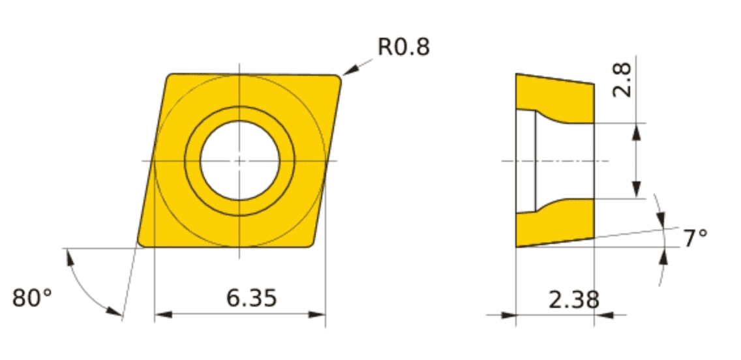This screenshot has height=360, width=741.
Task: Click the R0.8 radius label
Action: coord(404,47)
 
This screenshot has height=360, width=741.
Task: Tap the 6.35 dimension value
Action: coord(251,298)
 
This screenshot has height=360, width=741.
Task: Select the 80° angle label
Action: coord(32,298)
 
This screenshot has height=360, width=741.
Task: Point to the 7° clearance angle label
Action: coord(695,238)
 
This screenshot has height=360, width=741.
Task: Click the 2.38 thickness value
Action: coord(574,299)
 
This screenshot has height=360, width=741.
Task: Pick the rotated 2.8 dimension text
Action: coord(622,80)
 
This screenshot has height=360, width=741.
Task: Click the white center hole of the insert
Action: coord(240,160)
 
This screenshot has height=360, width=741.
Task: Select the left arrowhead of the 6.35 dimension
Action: coord(163,314)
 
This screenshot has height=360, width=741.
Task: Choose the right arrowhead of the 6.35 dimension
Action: coord(317,314)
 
